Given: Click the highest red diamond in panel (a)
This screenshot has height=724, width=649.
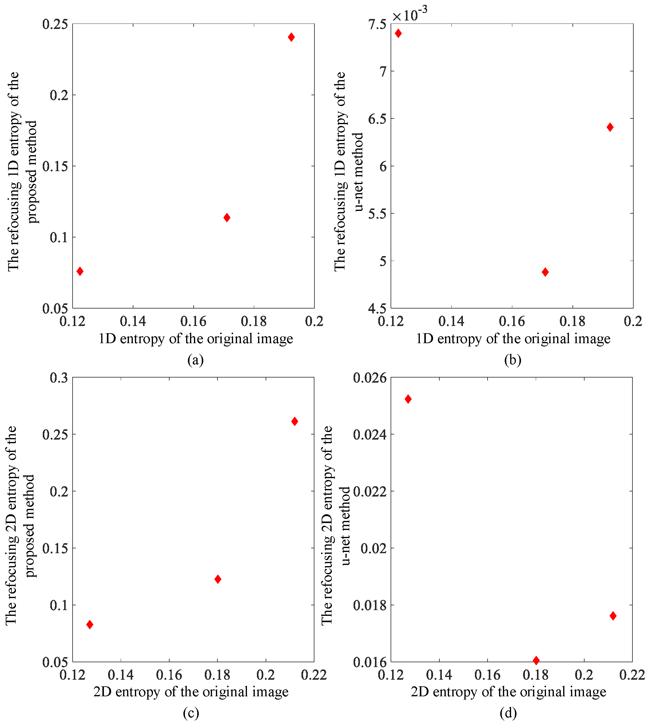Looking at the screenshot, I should pos(291,37).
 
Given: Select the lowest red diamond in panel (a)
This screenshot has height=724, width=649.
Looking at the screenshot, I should pos(80,271).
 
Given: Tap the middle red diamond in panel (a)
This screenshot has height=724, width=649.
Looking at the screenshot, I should pos(227,218).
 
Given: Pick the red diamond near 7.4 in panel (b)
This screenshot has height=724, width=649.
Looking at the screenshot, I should pos(398,33).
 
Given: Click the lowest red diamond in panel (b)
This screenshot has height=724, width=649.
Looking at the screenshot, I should pos(545,272).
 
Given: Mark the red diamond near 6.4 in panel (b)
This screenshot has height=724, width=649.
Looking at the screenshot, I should pos(610,127).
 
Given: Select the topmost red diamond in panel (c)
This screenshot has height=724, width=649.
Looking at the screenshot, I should pos(295,422).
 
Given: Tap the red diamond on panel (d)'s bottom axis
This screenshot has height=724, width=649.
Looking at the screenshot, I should pos(536,660).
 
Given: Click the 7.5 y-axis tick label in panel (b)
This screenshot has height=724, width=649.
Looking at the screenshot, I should pos(377,24).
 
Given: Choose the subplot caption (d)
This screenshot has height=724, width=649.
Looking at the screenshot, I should pos(508,713).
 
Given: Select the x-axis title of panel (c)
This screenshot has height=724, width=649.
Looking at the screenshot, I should pos(191,692).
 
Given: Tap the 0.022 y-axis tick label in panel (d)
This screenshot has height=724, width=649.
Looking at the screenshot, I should pos(370,491).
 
